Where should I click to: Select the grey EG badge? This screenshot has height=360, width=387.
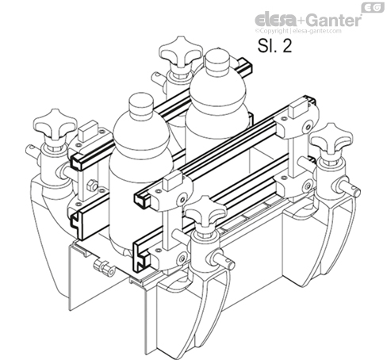tap(370, 7)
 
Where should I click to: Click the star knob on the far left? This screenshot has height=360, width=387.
tap(53, 124)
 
